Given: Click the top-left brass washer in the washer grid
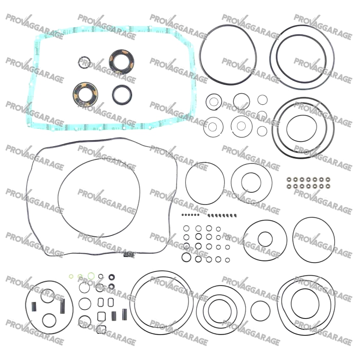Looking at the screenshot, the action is tap(289, 179).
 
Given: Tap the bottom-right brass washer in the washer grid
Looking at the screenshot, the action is tap(328, 186).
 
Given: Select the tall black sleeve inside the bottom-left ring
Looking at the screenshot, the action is tap(62, 306).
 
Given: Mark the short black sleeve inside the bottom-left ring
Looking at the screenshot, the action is tap(34, 307).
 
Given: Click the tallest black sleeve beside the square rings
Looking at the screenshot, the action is tap(125, 315).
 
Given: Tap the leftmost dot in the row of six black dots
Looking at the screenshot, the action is tap(183, 215).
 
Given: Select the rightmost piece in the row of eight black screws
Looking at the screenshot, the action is tap(235, 215).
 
